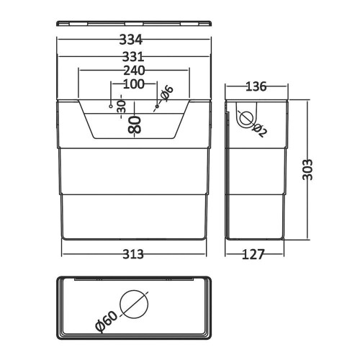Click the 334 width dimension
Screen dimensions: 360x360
pos(131,40)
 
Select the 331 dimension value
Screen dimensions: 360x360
pos(133,57)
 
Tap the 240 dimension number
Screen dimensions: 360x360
pos(134,71)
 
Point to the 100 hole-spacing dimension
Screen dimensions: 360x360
pos(134,84)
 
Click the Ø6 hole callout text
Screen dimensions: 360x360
pos(166,93)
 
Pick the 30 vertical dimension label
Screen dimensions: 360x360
pos(121,107)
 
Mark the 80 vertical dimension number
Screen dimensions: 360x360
pos(135,125)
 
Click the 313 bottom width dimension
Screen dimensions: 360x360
pos(133,254)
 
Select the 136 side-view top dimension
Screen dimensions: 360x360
pos(256,86)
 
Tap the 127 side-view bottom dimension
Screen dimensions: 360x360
pos(253,254)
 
